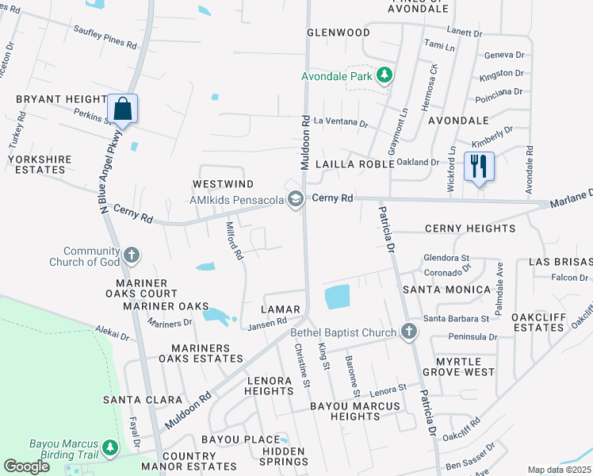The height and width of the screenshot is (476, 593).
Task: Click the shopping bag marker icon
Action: (124, 109)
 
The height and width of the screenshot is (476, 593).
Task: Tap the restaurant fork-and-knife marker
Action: (479, 167)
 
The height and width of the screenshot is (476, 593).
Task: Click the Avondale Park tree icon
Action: (384, 76)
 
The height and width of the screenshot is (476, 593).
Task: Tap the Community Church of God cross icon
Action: (132, 255)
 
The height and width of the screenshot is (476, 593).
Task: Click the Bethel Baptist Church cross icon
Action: (408, 331)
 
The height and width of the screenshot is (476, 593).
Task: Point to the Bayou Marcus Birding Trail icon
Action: (109, 449)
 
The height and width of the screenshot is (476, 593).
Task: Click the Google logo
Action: (27, 466)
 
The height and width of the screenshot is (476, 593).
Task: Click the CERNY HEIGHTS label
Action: (470, 228)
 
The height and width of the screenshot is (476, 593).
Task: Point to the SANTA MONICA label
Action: (446, 290)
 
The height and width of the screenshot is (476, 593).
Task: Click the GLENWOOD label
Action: (339, 33)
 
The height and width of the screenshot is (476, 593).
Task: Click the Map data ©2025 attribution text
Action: (559, 470)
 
